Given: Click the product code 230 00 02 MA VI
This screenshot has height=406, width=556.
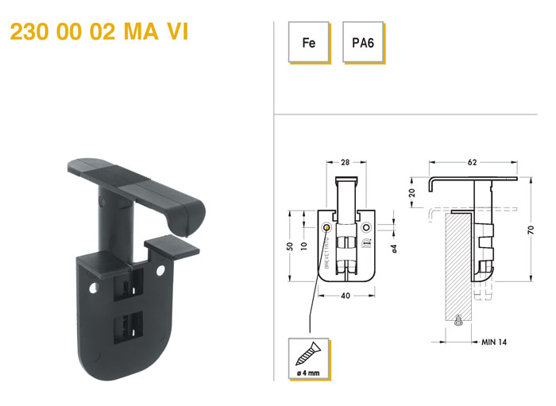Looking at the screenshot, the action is click(99, 32).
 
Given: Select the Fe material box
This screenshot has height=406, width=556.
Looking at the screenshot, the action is click(309, 42).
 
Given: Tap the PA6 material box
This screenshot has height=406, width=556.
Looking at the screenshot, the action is click(363, 42).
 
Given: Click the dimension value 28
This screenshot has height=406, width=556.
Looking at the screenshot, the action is click(345, 162).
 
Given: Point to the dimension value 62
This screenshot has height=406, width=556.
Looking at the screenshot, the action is click(472, 162).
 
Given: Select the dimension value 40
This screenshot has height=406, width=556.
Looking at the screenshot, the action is click(346, 296).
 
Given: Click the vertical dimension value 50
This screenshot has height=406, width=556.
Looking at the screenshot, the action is click(290, 246).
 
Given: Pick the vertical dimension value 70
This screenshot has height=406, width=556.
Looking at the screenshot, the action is click(531, 230).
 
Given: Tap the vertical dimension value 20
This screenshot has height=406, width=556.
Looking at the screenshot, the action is click(411, 193).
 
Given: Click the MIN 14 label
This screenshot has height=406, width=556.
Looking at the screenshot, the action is click(494, 342).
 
